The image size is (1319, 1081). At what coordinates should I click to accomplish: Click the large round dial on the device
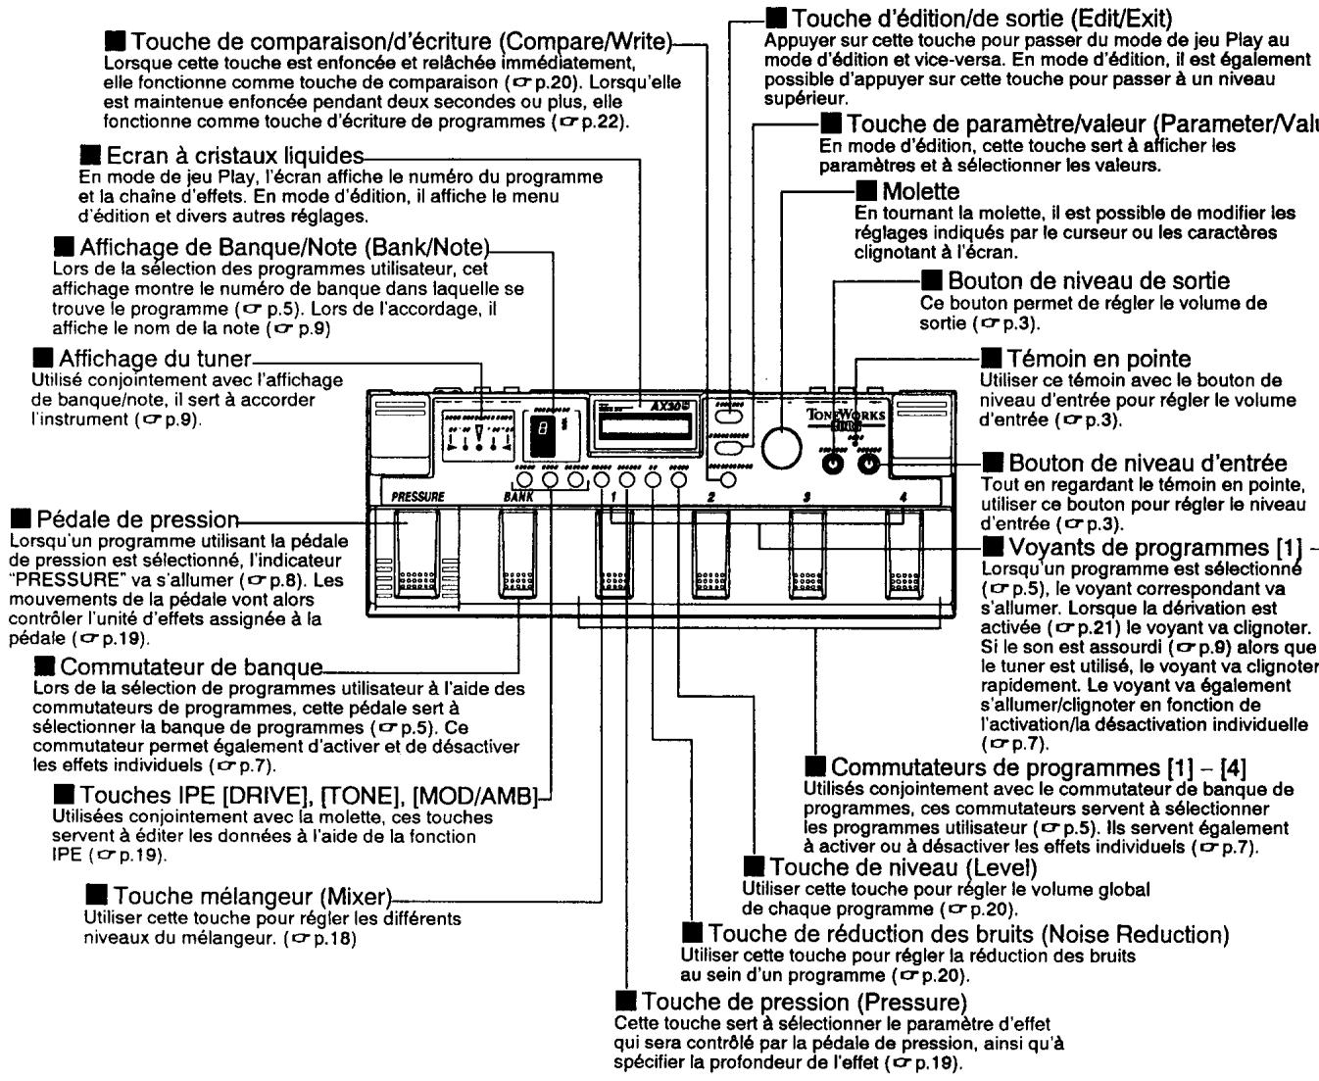pyautogui.click(x=781, y=447)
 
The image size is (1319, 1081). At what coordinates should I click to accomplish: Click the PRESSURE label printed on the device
pyautogui.click(x=418, y=497)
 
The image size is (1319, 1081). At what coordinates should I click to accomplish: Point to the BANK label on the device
pyautogui.click(x=518, y=497)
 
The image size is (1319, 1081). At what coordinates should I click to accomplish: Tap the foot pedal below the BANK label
pyautogui.click(x=517, y=554)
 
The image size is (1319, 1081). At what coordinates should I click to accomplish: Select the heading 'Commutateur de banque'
pyautogui.click(x=191, y=668)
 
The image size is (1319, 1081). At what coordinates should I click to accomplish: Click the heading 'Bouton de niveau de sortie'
pyautogui.click(x=1089, y=281)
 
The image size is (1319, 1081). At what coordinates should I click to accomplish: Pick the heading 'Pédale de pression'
pyautogui.click(x=136, y=518)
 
